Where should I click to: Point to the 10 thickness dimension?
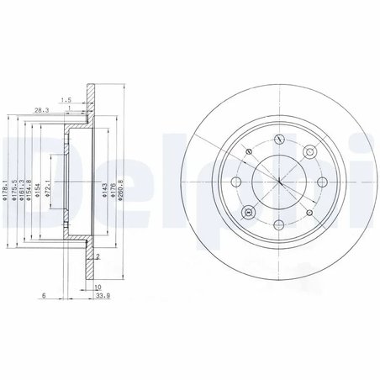(x=98, y=285)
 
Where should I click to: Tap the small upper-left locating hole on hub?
(x=249, y=151)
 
